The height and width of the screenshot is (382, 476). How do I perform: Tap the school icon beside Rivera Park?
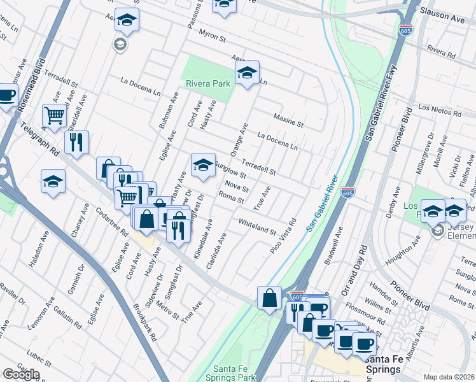tap(247, 73)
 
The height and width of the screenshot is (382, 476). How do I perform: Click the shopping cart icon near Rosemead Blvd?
tap(55, 115)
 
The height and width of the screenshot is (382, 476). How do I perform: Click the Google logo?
tap(21, 374)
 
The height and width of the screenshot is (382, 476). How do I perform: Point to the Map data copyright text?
tap(449, 377)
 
